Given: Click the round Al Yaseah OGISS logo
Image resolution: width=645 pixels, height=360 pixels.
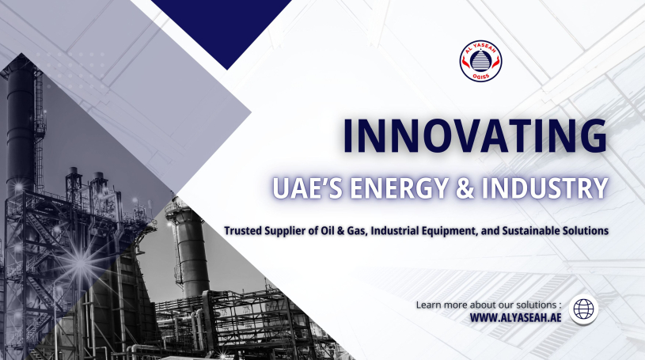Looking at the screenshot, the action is click(480, 61).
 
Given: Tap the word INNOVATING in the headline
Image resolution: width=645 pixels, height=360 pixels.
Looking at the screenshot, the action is click(475, 136).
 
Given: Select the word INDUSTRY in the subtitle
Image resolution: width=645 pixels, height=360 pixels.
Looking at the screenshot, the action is click(544, 188).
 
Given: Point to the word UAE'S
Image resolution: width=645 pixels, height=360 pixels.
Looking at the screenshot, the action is click(307, 188).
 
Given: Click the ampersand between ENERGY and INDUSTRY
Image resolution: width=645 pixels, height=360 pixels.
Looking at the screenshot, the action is click(465, 188).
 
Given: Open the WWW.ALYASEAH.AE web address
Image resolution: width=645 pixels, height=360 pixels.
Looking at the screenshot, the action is click(515, 317).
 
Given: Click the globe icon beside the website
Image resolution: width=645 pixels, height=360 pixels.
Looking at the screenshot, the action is click(584, 309).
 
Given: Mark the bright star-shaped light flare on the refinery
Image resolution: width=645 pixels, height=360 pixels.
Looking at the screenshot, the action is click(81, 262).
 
